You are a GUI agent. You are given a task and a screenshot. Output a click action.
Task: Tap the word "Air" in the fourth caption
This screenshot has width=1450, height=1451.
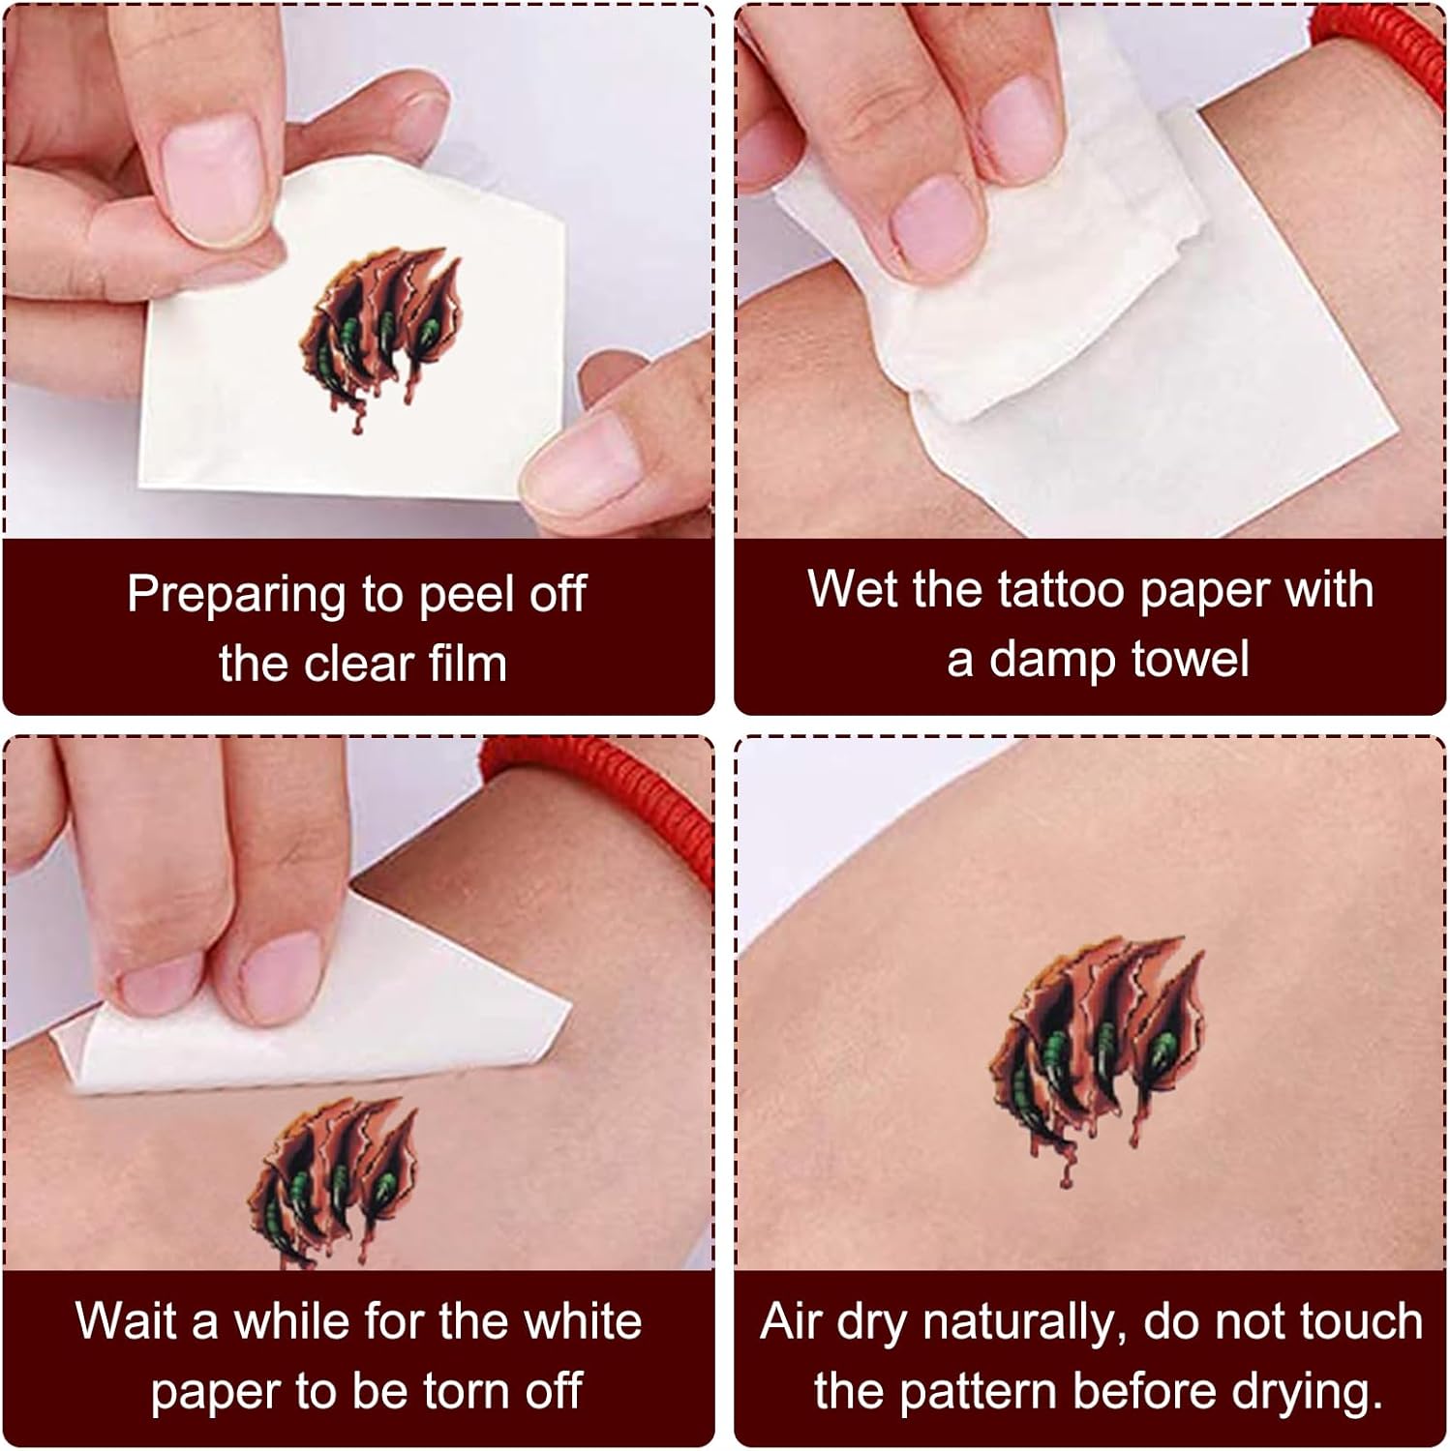click(795, 1321)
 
